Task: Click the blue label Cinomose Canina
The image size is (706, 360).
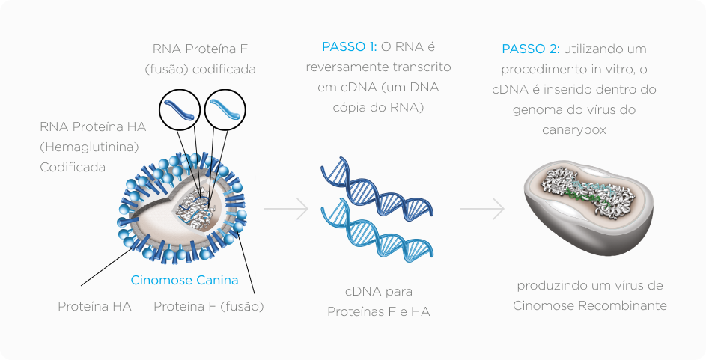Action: (x=184, y=281)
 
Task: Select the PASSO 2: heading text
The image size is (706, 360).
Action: (x=530, y=49)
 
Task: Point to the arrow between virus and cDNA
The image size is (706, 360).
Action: (x=287, y=210)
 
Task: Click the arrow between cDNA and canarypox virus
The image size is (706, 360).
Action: (x=482, y=210)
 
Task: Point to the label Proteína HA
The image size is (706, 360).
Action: (x=94, y=306)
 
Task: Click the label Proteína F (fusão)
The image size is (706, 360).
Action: (x=209, y=306)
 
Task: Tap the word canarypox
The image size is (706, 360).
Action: (x=574, y=129)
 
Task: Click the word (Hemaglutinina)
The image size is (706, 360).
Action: (x=90, y=147)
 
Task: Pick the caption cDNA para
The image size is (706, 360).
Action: (x=379, y=291)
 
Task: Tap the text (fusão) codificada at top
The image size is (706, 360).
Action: (x=200, y=70)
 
